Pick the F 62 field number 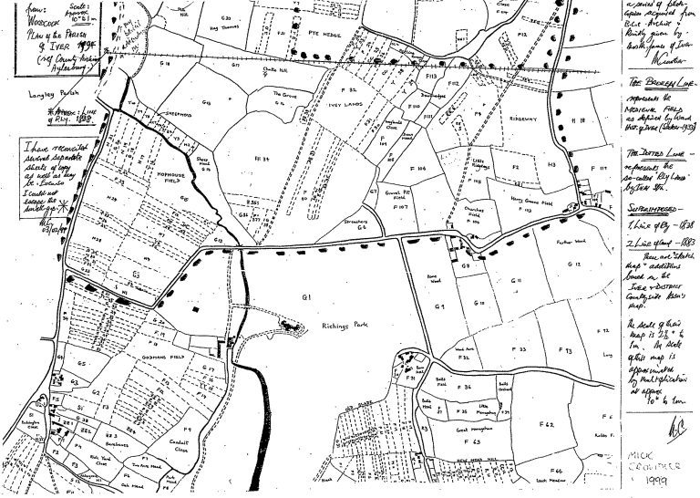548,425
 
